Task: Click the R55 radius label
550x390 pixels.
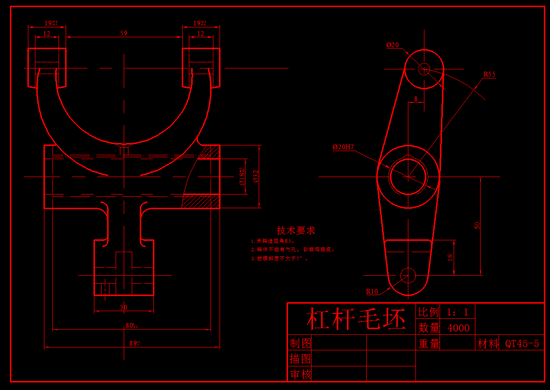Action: click(x=489, y=74)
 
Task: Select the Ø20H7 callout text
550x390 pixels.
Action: click(x=343, y=147)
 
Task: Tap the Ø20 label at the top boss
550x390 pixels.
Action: click(x=392, y=45)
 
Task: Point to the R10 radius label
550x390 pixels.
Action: click(x=372, y=291)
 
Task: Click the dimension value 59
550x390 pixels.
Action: click(x=124, y=33)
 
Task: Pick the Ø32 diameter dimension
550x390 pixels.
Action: click(x=255, y=176)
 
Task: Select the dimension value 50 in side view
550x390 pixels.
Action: click(x=477, y=226)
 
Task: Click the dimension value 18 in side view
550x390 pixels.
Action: click(x=450, y=257)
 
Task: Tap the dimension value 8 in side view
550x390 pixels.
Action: click(x=415, y=99)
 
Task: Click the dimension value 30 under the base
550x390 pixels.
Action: click(x=124, y=307)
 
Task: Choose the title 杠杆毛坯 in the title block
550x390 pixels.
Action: click(x=356, y=320)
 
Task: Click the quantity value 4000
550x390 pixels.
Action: click(x=458, y=328)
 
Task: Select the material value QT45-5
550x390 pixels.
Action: click(x=522, y=343)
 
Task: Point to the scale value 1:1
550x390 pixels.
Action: click(x=457, y=312)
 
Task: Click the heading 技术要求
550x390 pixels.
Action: click(x=296, y=230)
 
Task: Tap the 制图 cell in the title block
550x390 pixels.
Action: click(x=300, y=343)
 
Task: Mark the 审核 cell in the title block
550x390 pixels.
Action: click(x=300, y=374)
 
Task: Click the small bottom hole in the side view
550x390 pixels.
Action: click(x=407, y=275)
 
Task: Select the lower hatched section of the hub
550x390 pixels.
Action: click(x=201, y=201)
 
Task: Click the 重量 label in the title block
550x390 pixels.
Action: click(x=429, y=344)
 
